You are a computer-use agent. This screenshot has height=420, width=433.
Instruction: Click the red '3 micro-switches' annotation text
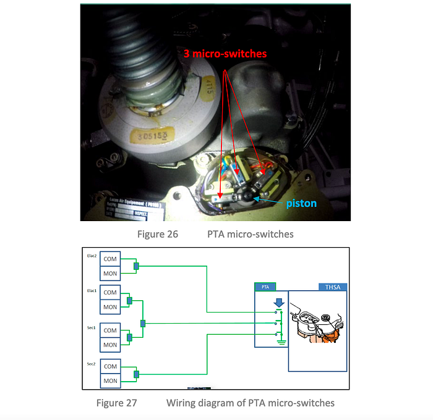point(225,54)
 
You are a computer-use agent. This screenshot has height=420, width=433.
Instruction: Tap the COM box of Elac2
point(110,259)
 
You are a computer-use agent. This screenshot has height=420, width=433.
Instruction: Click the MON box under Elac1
point(110,307)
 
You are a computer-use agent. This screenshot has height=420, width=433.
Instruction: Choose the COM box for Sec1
point(110,330)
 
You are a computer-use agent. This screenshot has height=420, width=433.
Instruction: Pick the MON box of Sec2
point(110,381)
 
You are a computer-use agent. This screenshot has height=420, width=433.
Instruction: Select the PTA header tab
point(265,287)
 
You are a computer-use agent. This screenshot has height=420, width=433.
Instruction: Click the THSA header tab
point(333,287)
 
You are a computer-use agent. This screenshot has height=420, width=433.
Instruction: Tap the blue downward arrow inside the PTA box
point(279,303)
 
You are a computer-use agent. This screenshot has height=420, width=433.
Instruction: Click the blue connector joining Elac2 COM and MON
point(137,266)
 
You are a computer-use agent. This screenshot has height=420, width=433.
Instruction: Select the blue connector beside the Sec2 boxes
point(137,374)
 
